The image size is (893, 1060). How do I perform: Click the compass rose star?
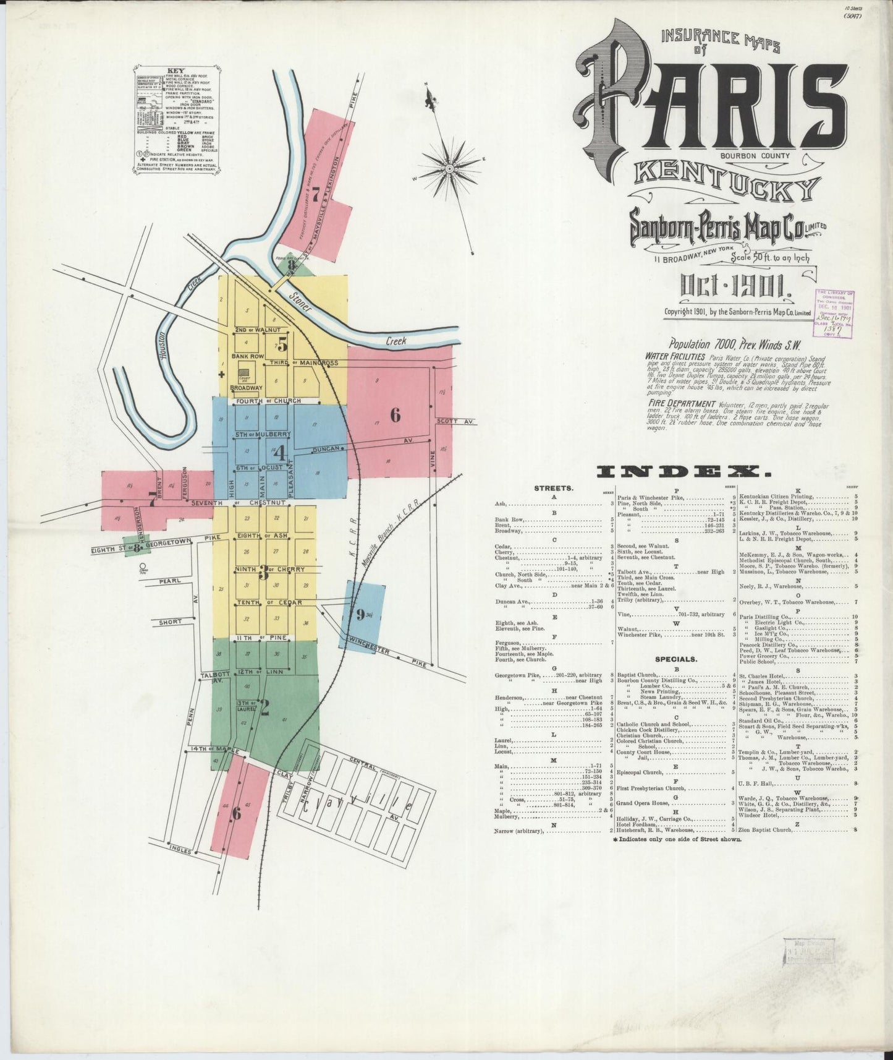449,167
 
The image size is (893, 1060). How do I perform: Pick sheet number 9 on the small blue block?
360,614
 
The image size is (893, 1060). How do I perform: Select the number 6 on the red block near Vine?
395,415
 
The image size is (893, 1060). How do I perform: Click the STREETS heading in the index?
554,488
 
